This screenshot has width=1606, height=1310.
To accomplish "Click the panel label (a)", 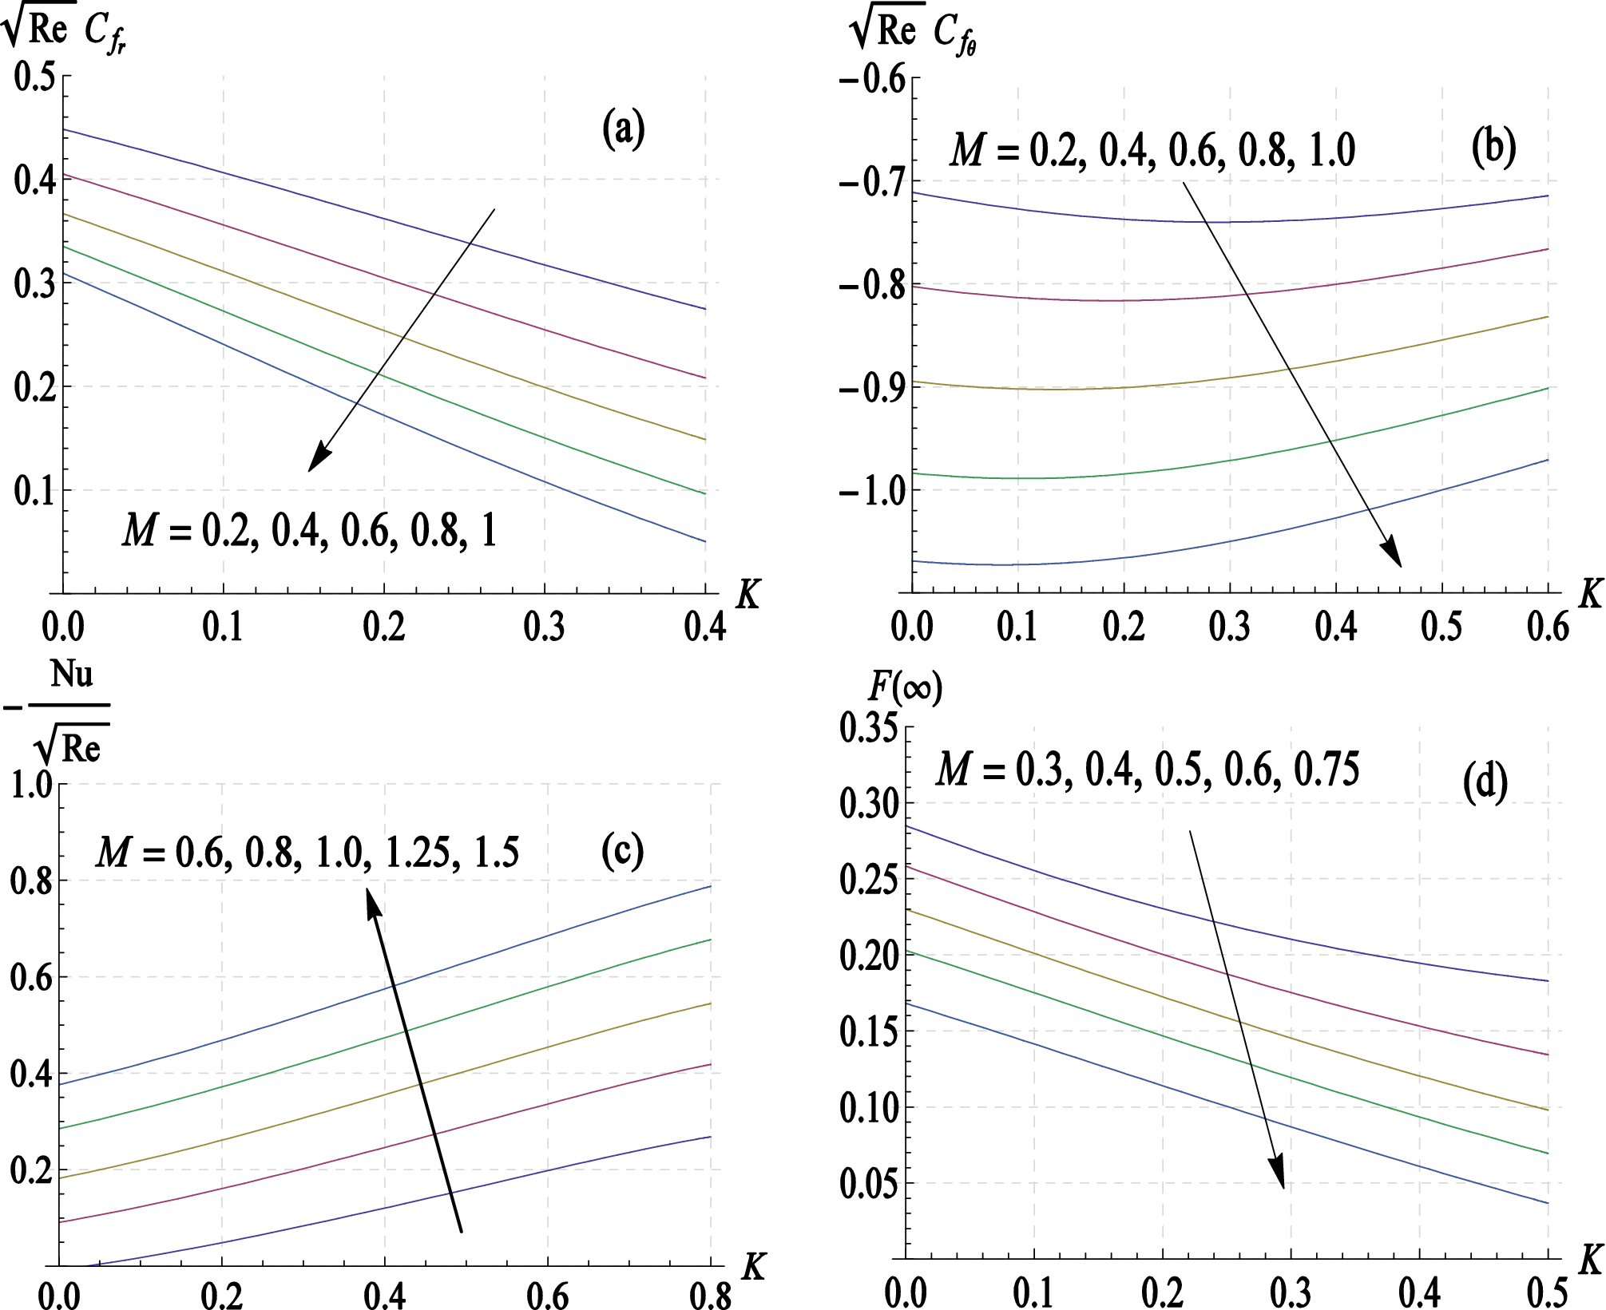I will (x=623, y=129).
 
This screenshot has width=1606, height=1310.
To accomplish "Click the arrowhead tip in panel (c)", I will (x=368, y=892).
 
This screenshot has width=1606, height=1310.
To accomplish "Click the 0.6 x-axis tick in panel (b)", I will (x=1548, y=627).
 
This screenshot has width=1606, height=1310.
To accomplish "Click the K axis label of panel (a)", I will (x=747, y=593).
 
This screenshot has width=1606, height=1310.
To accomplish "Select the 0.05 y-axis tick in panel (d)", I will (x=868, y=1183).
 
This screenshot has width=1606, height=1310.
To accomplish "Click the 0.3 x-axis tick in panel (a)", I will (x=545, y=627).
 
